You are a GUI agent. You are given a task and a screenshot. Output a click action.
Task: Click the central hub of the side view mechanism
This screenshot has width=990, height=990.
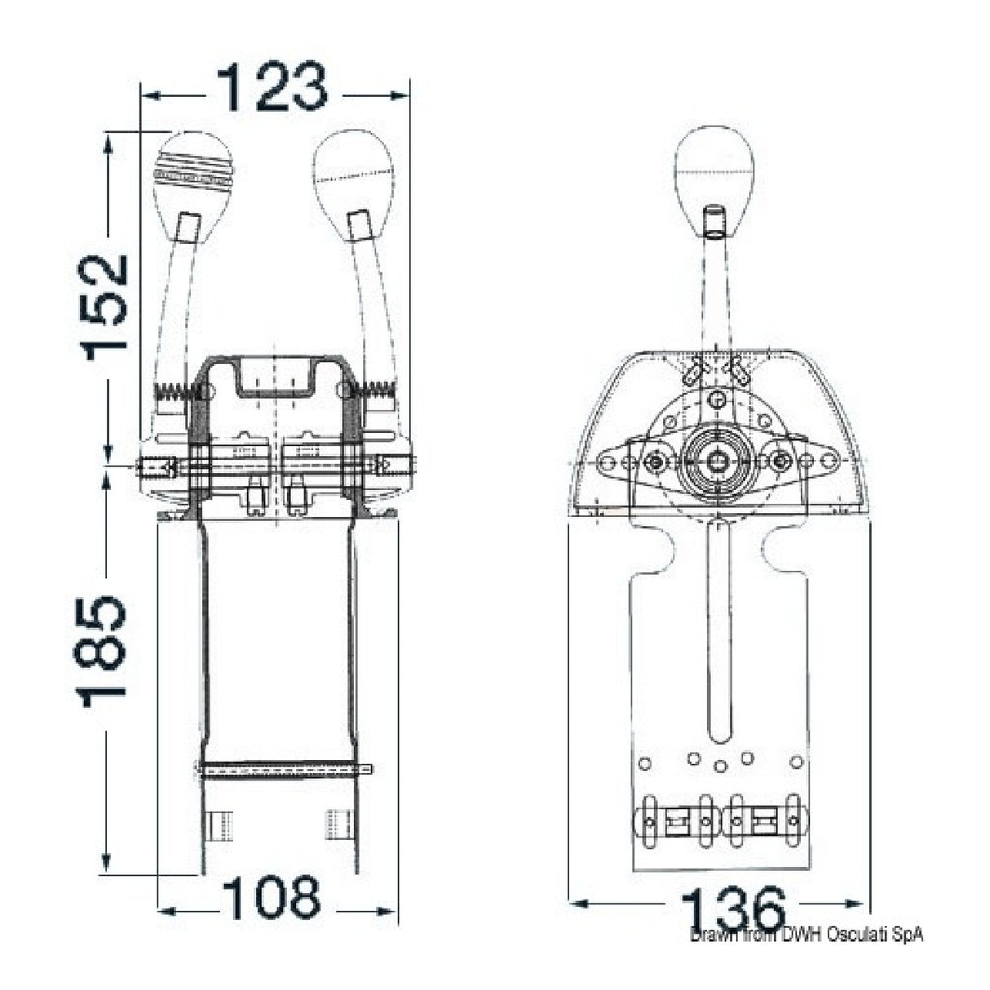tap(717, 461)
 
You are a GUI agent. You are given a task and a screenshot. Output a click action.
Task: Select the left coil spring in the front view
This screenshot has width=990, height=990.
tap(176, 391)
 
